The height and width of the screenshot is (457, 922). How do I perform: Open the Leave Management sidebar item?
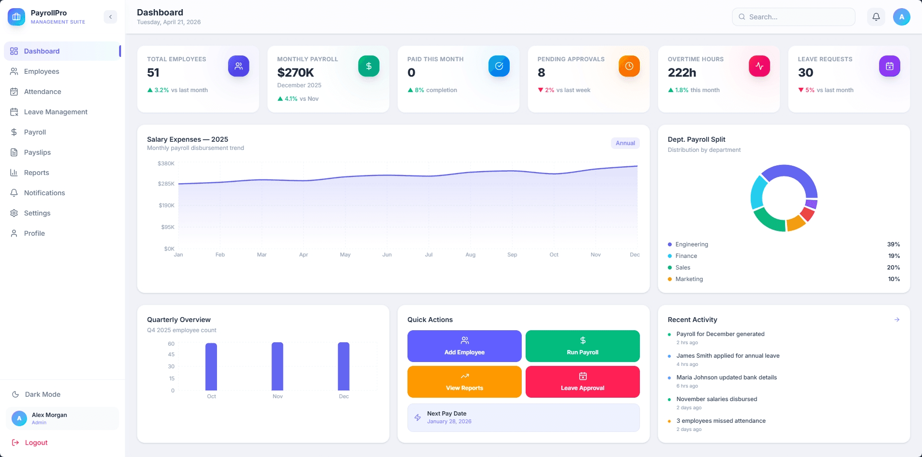[x=55, y=112]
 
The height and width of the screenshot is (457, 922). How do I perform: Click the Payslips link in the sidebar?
[x=37, y=152]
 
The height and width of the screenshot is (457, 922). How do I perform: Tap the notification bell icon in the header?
[x=876, y=17]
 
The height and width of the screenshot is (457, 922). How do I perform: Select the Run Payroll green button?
[x=583, y=346]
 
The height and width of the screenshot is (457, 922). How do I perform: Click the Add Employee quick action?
[x=464, y=346]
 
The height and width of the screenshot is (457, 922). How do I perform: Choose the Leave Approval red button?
[x=583, y=382]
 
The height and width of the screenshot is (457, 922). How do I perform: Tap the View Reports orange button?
[x=464, y=382]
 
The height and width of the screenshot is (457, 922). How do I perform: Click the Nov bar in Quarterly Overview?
[x=277, y=366]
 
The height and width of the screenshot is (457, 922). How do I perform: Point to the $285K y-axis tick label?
[x=166, y=184]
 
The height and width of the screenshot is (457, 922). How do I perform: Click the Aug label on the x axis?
[x=471, y=255]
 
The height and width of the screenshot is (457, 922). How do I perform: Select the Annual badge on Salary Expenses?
[x=625, y=143]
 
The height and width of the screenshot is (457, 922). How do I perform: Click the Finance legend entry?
[x=686, y=256]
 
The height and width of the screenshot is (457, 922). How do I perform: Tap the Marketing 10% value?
[x=894, y=279]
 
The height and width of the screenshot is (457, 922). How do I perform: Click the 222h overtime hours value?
[x=682, y=73]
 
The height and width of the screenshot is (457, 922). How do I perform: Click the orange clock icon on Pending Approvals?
[x=629, y=66]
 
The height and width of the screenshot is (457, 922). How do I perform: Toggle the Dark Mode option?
[x=42, y=394]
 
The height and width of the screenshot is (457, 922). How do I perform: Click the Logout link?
[x=36, y=443]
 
